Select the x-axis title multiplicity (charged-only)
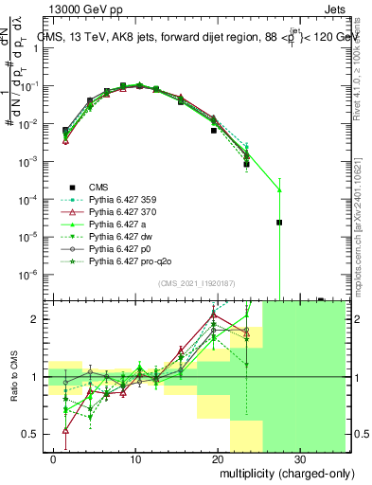click(275, 471)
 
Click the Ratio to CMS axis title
click(12, 376)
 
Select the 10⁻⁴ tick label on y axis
click(33, 199)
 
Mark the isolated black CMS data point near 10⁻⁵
click(279, 223)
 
